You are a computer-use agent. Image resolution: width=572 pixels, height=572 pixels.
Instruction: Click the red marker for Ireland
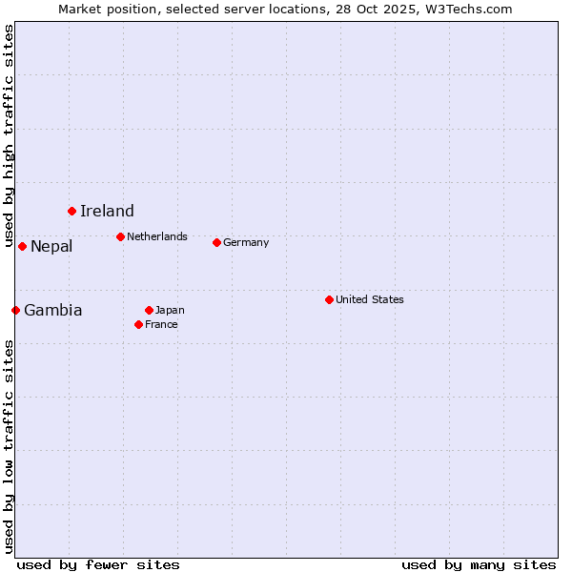(71, 211)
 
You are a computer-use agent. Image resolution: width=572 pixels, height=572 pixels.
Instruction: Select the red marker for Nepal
(22, 246)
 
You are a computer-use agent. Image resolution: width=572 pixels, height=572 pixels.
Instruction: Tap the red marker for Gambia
(15, 310)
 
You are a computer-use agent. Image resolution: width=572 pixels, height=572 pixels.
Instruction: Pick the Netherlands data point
(120, 236)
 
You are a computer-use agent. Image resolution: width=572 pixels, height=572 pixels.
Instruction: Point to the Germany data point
(216, 242)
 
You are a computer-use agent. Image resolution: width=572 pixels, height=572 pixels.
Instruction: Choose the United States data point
(329, 299)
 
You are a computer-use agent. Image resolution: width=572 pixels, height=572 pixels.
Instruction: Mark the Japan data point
(149, 310)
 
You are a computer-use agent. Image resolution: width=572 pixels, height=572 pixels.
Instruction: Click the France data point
(138, 324)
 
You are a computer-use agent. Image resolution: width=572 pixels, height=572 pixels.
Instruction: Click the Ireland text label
(107, 211)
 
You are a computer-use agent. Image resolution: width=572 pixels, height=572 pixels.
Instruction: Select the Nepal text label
(51, 247)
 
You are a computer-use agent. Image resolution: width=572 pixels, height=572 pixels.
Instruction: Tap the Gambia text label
(53, 310)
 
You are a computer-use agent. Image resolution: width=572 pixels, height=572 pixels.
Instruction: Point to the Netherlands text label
(157, 236)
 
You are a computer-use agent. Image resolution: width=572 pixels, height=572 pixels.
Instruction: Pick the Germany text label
(246, 242)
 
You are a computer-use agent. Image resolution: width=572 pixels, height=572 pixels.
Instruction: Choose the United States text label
(370, 299)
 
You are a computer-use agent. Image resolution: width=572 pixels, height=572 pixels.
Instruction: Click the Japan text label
(170, 310)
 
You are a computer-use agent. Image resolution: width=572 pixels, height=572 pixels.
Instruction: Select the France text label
(161, 324)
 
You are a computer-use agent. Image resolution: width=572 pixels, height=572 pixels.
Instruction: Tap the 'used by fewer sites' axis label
(98, 564)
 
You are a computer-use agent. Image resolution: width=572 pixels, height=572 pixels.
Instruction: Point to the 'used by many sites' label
(479, 564)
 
